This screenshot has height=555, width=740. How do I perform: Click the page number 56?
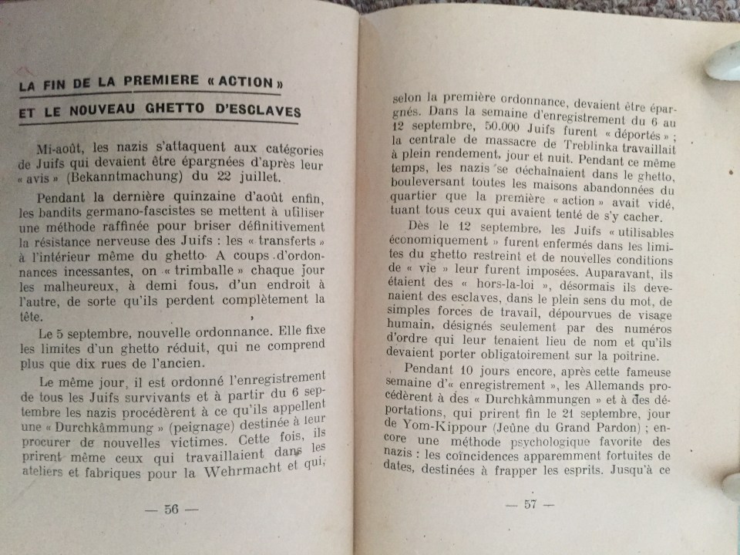(170, 509)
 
